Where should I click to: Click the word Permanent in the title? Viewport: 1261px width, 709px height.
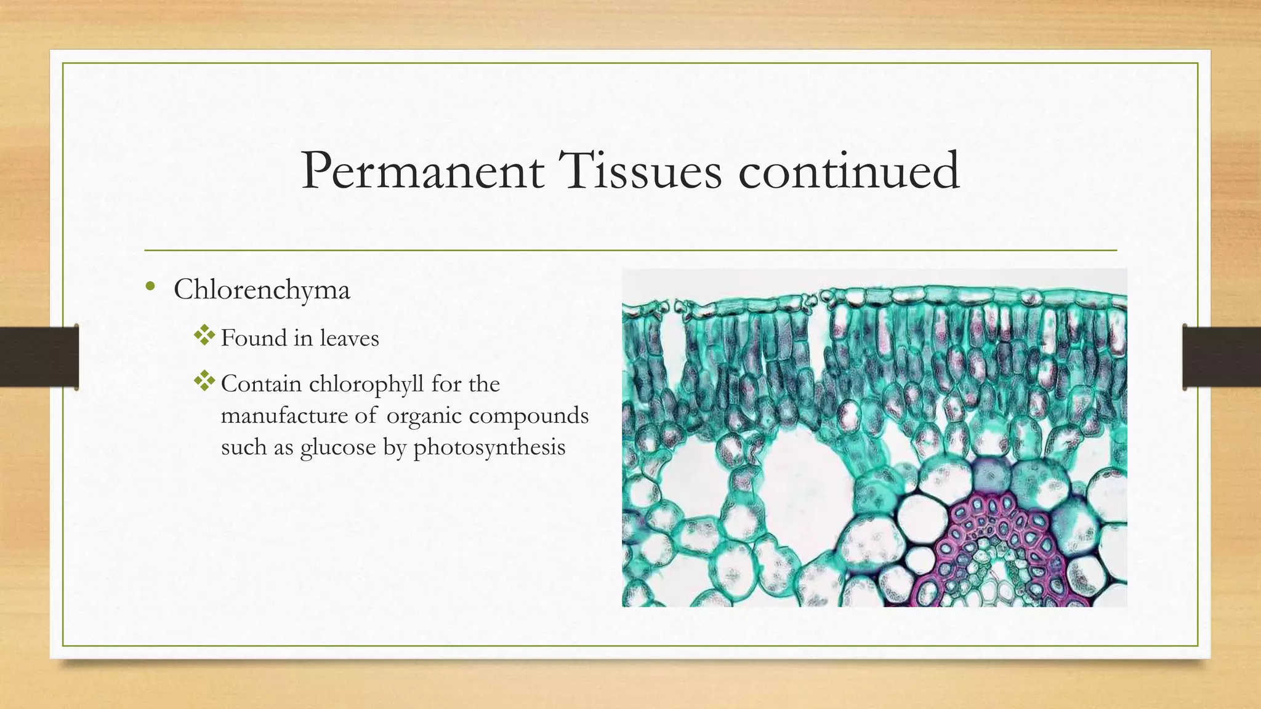(422, 171)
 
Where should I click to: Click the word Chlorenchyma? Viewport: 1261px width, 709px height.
(262, 290)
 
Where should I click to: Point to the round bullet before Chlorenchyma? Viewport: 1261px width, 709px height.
(150, 286)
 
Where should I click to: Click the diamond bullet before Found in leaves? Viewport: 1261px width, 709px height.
(204, 335)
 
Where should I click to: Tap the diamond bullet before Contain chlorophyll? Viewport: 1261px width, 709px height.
(204, 382)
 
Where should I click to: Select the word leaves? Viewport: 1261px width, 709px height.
(348, 338)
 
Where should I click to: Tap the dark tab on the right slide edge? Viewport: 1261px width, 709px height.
(1222, 357)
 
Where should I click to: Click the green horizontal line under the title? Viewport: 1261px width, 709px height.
(630, 250)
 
